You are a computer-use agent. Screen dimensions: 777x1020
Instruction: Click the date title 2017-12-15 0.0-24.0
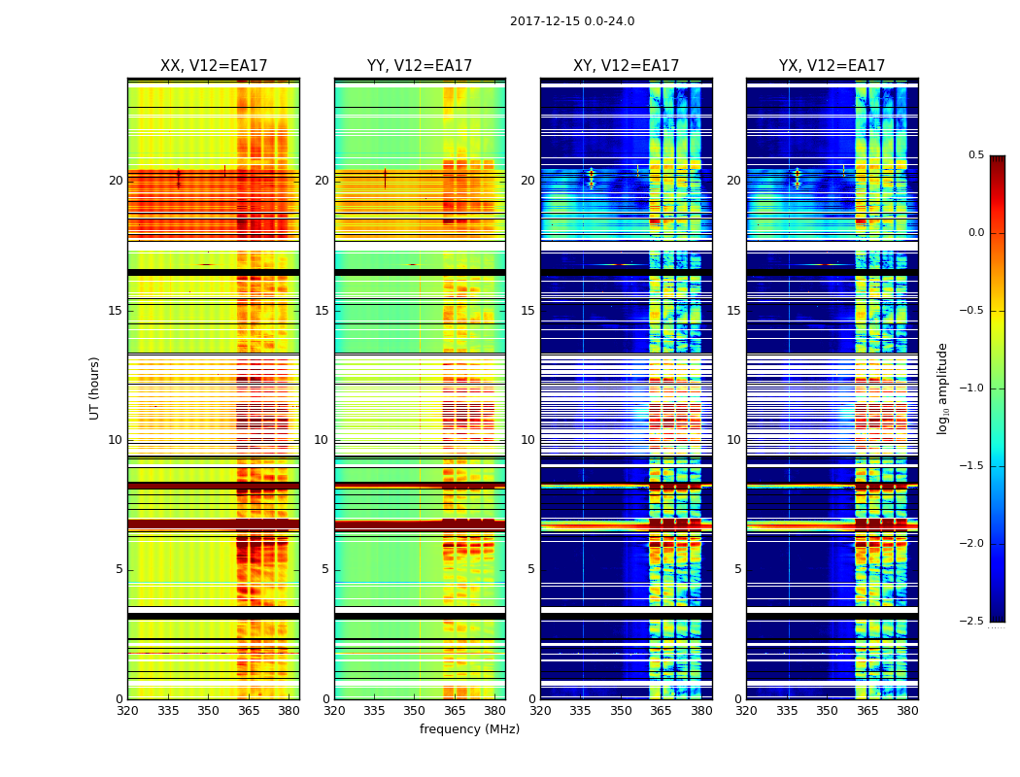(x=572, y=21)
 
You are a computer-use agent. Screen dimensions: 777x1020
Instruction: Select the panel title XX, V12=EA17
(x=214, y=66)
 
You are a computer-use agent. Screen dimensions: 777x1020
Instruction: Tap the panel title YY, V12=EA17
(x=420, y=66)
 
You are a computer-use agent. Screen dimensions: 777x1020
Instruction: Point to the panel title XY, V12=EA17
(x=626, y=66)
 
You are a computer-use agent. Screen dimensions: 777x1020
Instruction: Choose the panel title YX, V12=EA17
(x=832, y=66)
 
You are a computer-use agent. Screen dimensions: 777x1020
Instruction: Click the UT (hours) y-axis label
(x=95, y=388)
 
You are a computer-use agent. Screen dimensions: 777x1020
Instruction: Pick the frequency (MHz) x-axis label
(x=469, y=729)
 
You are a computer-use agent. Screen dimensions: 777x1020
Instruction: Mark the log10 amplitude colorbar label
(x=942, y=388)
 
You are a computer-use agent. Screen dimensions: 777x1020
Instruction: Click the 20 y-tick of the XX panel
(x=116, y=181)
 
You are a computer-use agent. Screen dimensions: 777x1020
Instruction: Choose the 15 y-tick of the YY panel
(x=322, y=311)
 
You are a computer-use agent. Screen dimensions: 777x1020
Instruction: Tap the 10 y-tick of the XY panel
(x=527, y=440)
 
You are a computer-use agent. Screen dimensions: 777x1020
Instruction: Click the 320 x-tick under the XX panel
(x=127, y=712)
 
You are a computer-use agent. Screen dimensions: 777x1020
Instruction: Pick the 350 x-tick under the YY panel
(x=415, y=712)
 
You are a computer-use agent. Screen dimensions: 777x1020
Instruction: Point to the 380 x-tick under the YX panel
(x=907, y=712)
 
